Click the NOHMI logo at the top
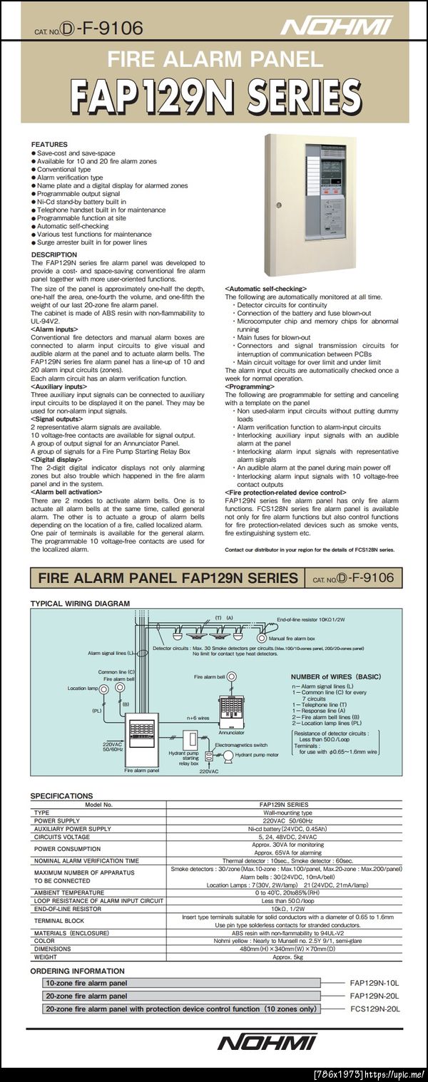[336, 27]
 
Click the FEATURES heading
[50, 145]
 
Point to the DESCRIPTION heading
[54, 254]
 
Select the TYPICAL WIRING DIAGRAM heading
[80, 603]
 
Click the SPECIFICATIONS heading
[61, 795]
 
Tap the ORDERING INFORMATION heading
[77, 971]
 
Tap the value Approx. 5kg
[285, 957]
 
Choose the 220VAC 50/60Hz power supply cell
[285, 820]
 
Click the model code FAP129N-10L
[374, 983]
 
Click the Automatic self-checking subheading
[265, 288]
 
